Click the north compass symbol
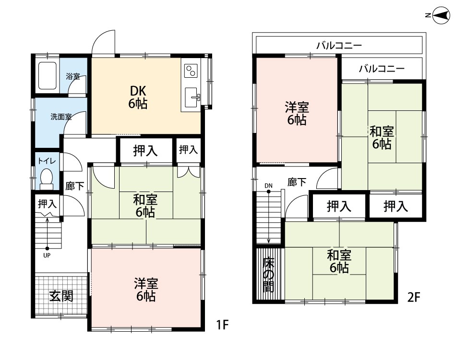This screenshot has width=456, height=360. click(x=441, y=15)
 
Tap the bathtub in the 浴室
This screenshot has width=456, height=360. click(x=47, y=76)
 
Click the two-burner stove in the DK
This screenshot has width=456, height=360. click(x=191, y=71)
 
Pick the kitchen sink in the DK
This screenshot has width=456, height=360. click(x=192, y=97)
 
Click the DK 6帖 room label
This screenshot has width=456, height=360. click(x=138, y=97)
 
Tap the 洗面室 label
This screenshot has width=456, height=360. click(x=61, y=117)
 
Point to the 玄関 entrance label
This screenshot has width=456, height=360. click(x=61, y=296)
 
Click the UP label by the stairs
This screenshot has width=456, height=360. click(x=47, y=256)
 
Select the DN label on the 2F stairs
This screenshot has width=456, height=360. click(x=268, y=186)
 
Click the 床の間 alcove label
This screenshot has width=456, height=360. click(x=268, y=275)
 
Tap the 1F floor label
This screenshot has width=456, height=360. click(x=223, y=324)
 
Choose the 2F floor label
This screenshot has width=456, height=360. click(x=414, y=297)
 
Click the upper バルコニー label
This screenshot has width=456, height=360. click(x=339, y=46)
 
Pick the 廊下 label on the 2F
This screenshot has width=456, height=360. click(x=297, y=182)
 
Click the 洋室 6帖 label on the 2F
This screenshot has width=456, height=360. click(x=297, y=113)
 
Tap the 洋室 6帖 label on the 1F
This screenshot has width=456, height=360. click(x=146, y=289)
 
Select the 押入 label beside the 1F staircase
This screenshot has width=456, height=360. click(x=47, y=204)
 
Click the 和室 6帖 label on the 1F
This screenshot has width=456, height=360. click(x=145, y=206)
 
